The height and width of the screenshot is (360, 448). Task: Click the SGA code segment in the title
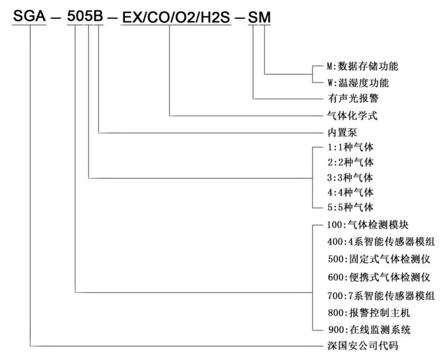point(29,16)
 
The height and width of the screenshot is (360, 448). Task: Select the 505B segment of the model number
point(85,16)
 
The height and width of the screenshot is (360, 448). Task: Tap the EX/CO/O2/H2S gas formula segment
point(176,18)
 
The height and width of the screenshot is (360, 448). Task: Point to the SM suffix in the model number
point(259,18)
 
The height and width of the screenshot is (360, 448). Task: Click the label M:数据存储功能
point(362,66)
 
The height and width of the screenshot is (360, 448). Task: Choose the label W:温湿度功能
point(358,83)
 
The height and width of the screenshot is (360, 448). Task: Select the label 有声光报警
point(353,99)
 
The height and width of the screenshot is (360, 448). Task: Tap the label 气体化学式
point(352,116)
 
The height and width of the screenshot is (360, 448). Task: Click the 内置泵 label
point(342,133)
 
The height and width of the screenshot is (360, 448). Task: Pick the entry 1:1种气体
point(351,147)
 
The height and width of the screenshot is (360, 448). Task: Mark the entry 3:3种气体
point(350,178)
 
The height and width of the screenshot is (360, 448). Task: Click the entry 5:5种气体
point(351,207)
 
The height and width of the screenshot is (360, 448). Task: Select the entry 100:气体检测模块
point(368,225)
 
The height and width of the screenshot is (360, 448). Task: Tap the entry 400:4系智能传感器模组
point(381,242)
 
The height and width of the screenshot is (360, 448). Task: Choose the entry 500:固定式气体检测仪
point(379,259)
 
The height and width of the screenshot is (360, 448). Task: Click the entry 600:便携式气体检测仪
point(379,277)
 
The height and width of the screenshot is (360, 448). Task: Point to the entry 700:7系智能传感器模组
point(381,296)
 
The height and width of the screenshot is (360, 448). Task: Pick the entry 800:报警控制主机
point(369,313)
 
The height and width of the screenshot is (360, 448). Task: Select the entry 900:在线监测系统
point(369,330)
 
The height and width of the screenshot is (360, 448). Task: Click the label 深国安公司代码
point(363,346)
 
